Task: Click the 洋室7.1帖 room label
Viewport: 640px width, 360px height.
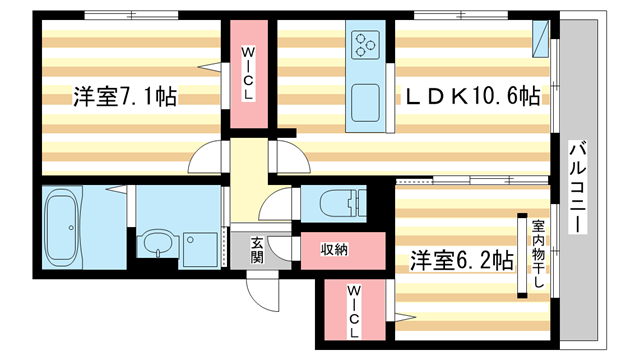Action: click(124, 97)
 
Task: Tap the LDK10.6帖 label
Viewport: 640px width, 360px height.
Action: click(471, 97)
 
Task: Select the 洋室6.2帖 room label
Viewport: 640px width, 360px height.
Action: click(461, 261)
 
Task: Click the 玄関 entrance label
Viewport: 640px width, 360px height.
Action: click(257, 248)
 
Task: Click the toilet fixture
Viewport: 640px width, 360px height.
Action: click(331, 203)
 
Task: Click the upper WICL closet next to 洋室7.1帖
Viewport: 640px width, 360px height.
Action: click(248, 75)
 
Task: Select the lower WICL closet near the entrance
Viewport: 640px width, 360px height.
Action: click(353, 309)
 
